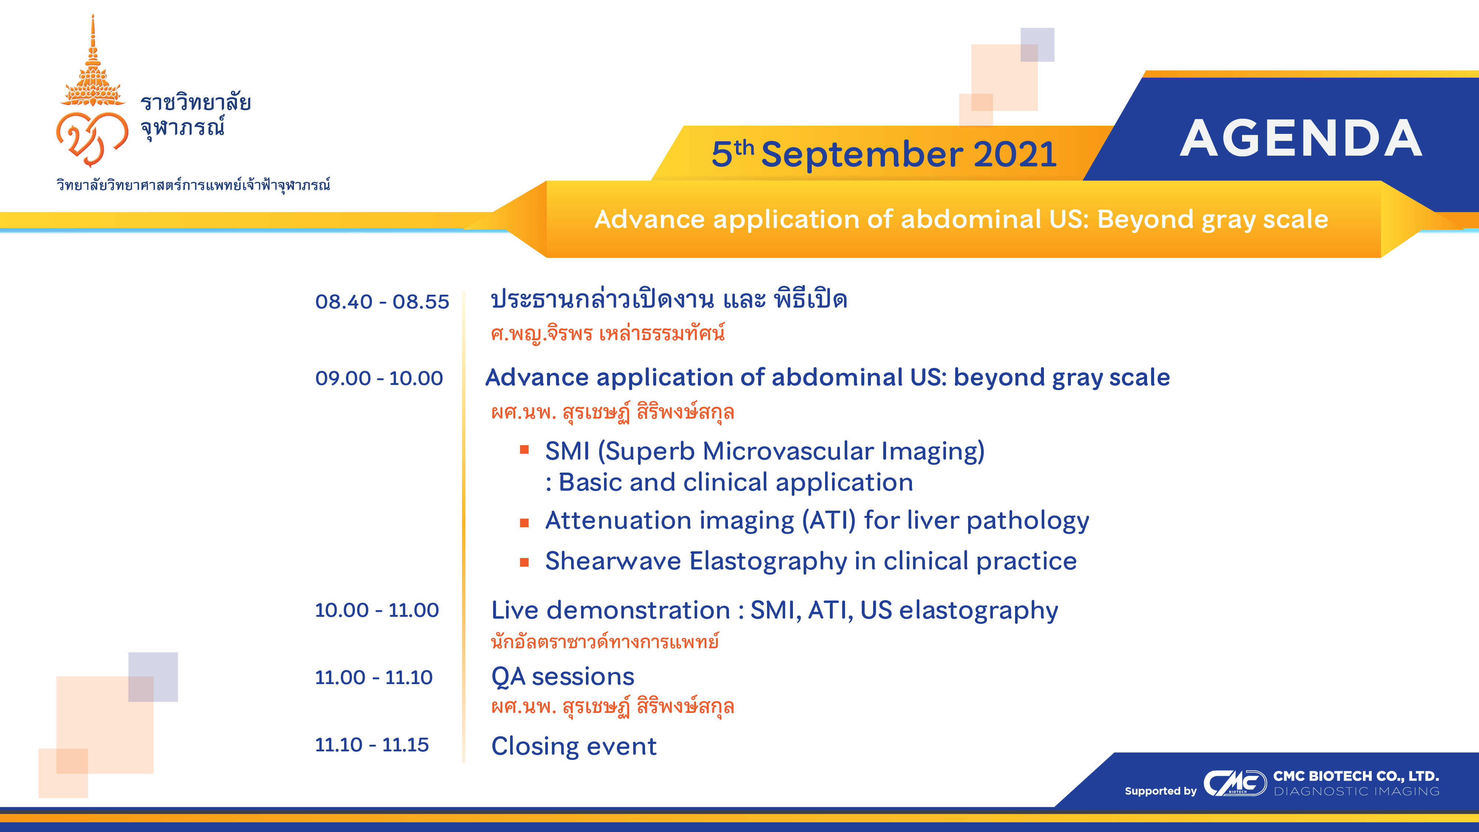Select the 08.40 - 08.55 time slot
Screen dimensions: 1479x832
pyautogui.click(x=382, y=301)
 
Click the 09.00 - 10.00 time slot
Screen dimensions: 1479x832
pyautogui.click(x=379, y=378)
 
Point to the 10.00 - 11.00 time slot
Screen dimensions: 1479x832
pyautogui.click(x=377, y=610)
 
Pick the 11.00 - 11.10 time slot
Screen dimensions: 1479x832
pyautogui.click(x=374, y=677)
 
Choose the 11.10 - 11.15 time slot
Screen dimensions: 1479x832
pyautogui.click(x=372, y=745)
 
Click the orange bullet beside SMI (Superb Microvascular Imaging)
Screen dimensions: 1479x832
pyautogui.click(x=524, y=450)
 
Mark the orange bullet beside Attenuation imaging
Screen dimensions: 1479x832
pyautogui.click(x=524, y=522)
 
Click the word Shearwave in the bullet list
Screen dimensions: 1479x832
pyautogui.click(x=613, y=561)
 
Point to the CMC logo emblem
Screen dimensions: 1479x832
pyautogui.click(x=1235, y=783)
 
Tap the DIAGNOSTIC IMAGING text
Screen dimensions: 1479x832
pyautogui.click(x=1357, y=791)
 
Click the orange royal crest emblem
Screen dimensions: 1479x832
pyautogui.click(x=92, y=92)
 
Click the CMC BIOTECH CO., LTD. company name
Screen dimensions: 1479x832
pyautogui.click(x=1356, y=776)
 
